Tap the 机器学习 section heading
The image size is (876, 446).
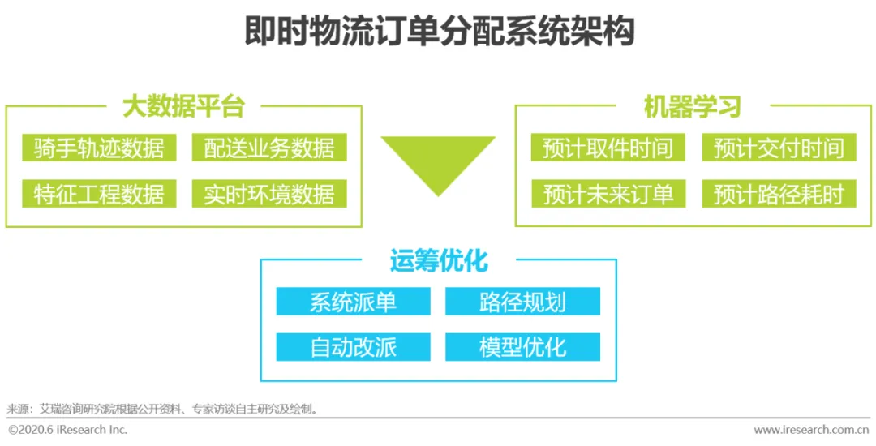click(x=692, y=106)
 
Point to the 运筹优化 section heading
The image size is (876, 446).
click(x=438, y=261)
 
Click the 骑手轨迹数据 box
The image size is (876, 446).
click(x=99, y=148)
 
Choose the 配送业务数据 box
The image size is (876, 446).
click(x=269, y=148)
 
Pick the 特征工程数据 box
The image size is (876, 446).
click(x=99, y=194)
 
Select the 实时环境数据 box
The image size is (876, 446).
click(x=269, y=194)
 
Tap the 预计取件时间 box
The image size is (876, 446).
click(x=608, y=148)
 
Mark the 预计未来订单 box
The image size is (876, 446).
click(x=608, y=194)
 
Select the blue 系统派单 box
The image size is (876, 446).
click(x=353, y=302)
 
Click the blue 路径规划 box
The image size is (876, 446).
click(x=522, y=302)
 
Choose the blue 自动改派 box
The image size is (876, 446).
click(x=353, y=347)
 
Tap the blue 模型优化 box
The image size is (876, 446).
click(x=522, y=347)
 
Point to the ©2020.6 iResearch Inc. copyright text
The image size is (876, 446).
click(x=68, y=430)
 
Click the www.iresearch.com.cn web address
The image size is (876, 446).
click(x=811, y=430)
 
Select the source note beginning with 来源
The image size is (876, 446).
click(x=162, y=409)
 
